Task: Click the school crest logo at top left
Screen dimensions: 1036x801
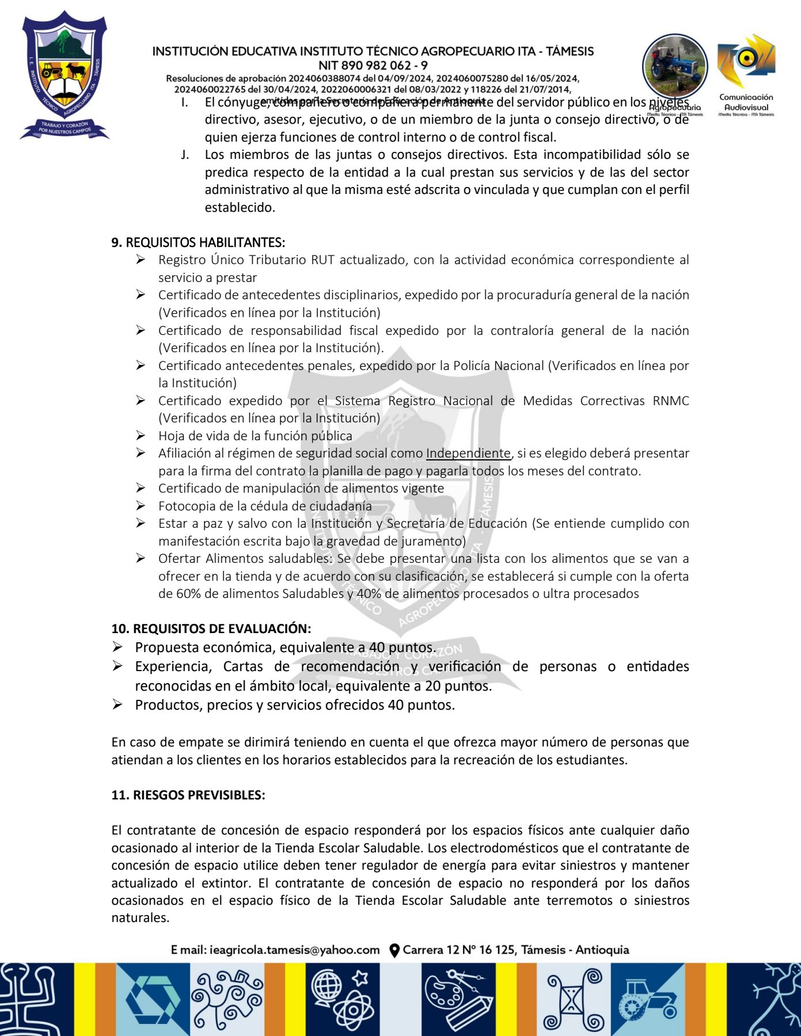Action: pyautogui.click(x=64, y=75)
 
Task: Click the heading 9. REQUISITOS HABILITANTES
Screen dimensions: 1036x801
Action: pyautogui.click(x=198, y=242)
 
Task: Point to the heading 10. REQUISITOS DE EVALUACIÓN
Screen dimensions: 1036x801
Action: pyautogui.click(x=211, y=629)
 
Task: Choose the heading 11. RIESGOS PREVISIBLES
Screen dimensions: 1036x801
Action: pyautogui.click(x=188, y=795)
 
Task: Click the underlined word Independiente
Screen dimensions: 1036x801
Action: pyautogui.click(x=468, y=454)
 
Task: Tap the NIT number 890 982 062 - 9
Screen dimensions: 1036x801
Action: pyautogui.click(x=373, y=65)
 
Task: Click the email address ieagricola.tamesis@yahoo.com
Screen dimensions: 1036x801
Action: pyautogui.click(x=294, y=950)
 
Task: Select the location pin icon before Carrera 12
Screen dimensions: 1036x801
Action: pyautogui.click(x=394, y=950)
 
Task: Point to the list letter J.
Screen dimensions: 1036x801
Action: pyautogui.click(x=184, y=155)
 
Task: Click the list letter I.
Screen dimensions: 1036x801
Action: pyautogui.click(x=184, y=102)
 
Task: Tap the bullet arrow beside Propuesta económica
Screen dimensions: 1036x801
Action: pyautogui.click(x=117, y=647)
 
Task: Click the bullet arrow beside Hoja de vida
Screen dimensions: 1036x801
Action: pyautogui.click(x=141, y=436)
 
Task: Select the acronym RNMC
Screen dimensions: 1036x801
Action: pyautogui.click(x=671, y=401)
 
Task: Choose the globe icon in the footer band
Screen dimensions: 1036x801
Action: pyautogui.click(x=326, y=988)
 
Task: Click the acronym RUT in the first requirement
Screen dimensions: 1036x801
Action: pyautogui.click(x=322, y=260)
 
